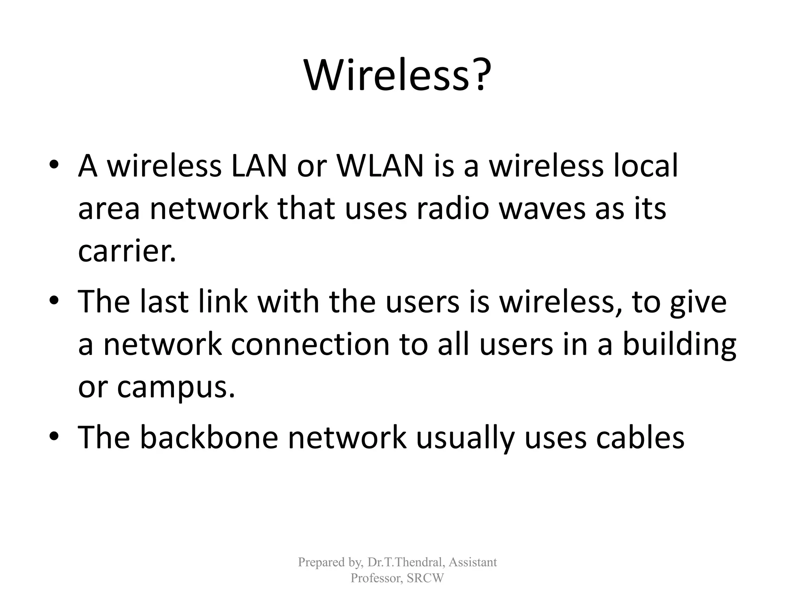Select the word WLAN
click(380, 166)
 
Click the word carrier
click(127, 251)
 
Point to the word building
click(679, 345)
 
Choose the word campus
click(175, 388)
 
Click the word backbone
click(209, 437)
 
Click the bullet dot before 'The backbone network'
click(54, 437)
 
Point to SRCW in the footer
click(425, 578)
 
